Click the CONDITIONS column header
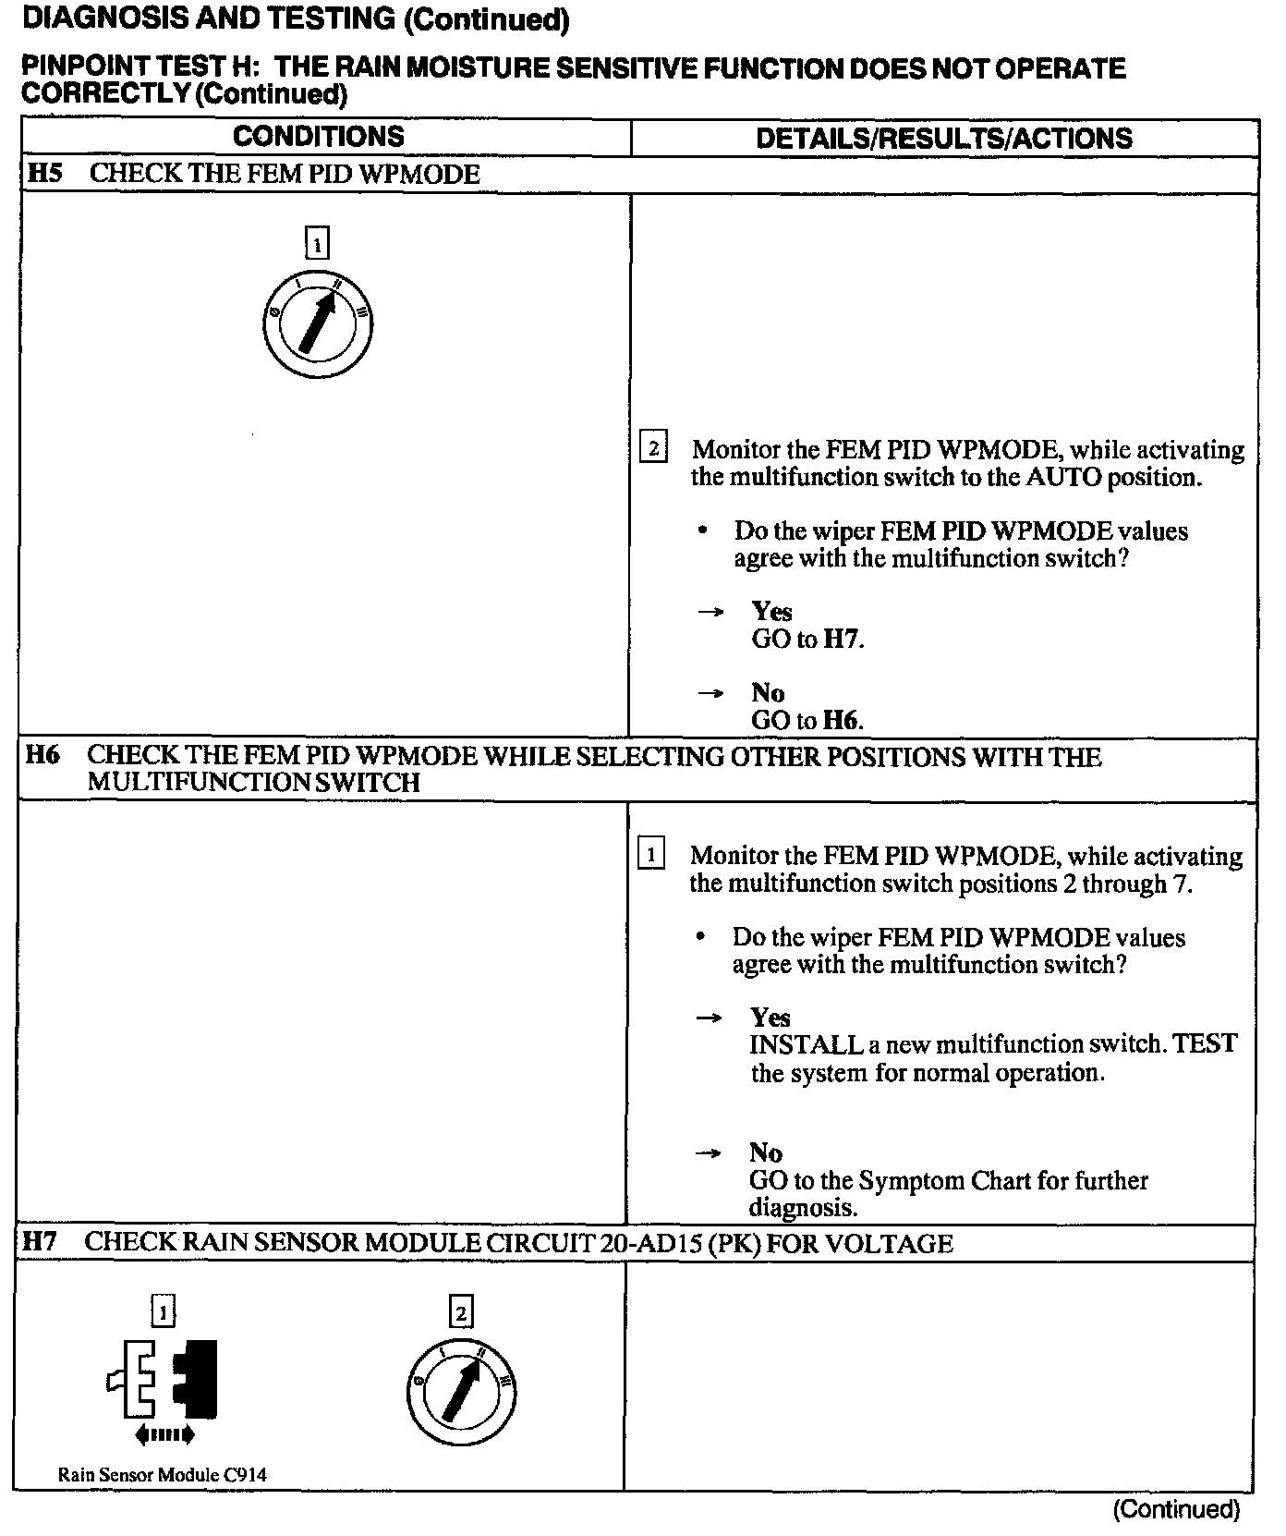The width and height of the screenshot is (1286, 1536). (x=319, y=137)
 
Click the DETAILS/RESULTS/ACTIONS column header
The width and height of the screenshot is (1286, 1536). (x=943, y=139)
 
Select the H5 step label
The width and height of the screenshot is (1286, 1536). (x=44, y=174)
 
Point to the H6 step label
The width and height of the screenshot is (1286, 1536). (x=42, y=756)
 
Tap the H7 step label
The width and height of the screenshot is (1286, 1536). (x=40, y=1242)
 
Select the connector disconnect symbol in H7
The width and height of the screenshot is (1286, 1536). (x=164, y=1379)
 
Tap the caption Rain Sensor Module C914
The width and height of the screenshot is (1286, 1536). (x=162, y=1474)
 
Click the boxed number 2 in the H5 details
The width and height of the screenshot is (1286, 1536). (x=653, y=448)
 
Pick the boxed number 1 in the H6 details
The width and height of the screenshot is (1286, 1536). (x=651, y=854)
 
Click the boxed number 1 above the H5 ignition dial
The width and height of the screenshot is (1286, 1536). (x=317, y=245)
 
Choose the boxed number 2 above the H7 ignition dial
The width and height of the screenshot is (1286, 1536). (x=461, y=1311)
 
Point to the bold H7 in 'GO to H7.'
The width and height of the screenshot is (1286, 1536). (x=843, y=640)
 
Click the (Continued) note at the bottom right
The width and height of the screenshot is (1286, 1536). (x=1175, y=1509)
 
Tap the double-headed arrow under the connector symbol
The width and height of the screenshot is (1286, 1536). (x=164, y=1434)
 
